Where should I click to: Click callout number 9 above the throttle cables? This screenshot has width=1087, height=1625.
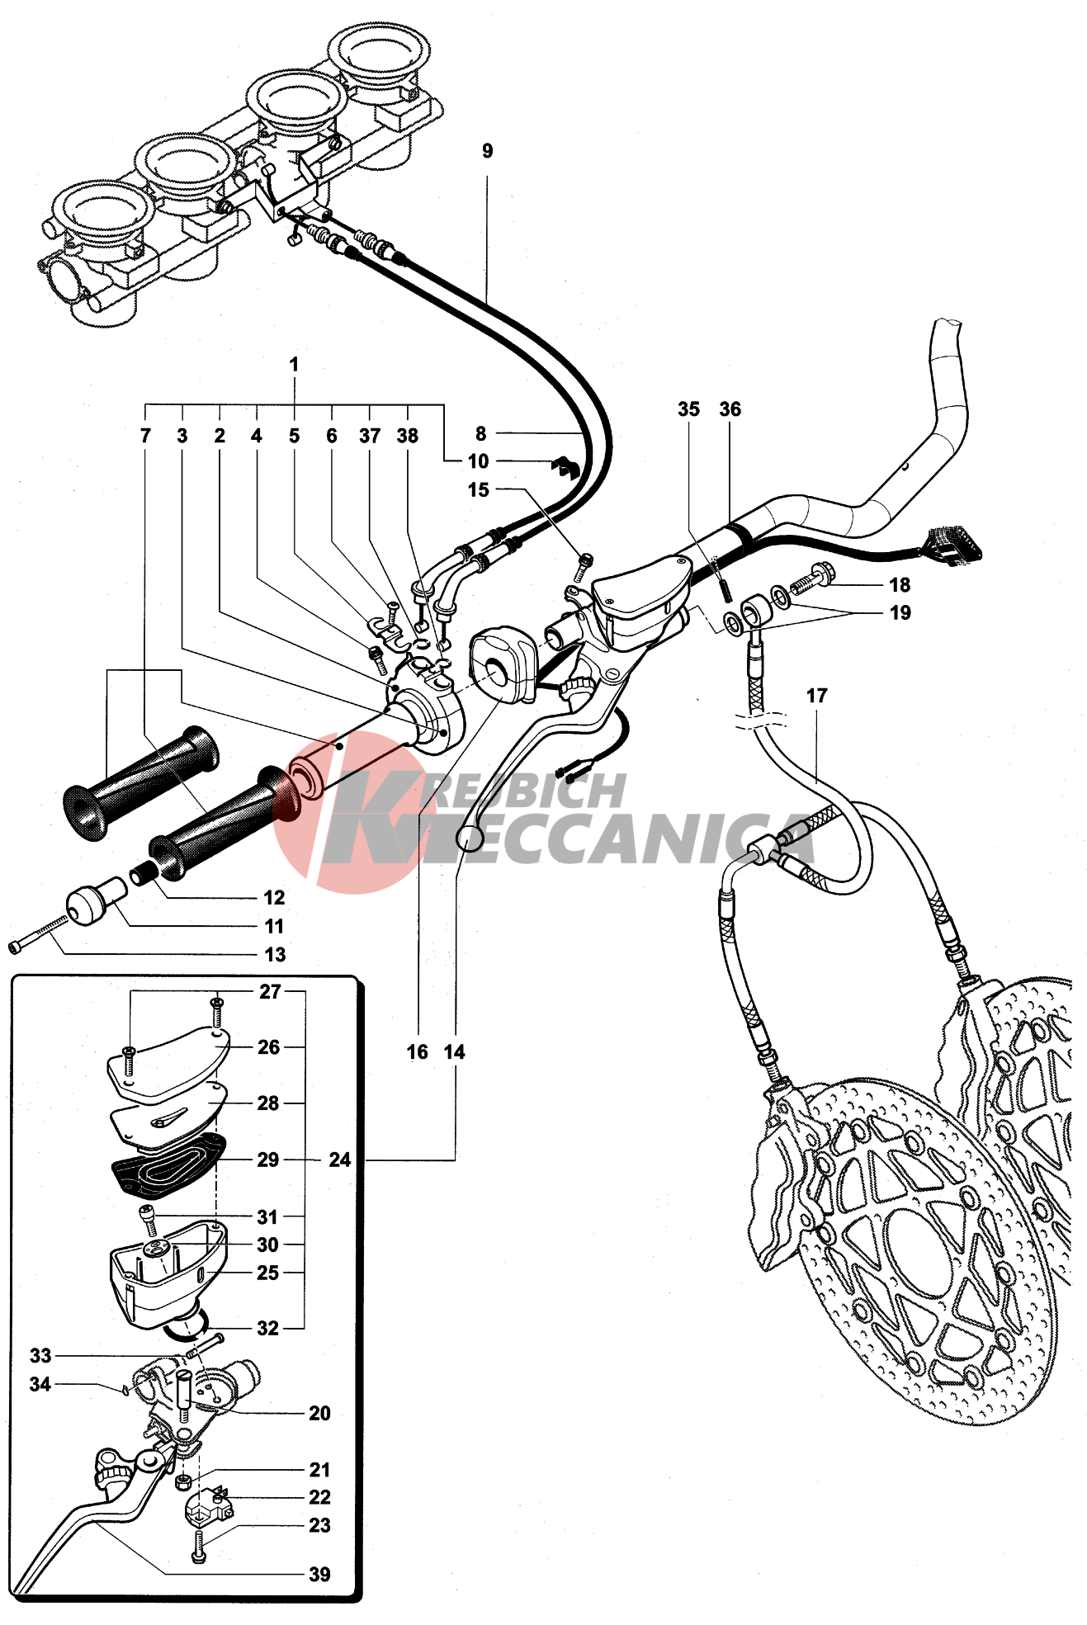pyautogui.click(x=487, y=151)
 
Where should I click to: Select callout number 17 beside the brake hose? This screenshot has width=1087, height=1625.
pyautogui.click(x=816, y=696)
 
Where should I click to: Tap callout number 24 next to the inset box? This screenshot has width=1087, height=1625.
pyautogui.click(x=339, y=1160)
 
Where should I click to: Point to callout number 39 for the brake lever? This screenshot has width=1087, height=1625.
pyautogui.click(x=319, y=1574)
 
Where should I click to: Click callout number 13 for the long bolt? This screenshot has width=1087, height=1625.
pyautogui.click(x=275, y=954)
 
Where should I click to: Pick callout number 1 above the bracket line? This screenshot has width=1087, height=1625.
pyautogui.click(x=294, y=364)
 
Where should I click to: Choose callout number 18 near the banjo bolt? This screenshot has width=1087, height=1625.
pyautogui.click(x=899, y=585)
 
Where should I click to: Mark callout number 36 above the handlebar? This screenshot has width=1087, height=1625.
pyautogui.click(x=730, y=409)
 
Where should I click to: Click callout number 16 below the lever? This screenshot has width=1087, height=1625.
pyautogui.click(x=418, y=1051)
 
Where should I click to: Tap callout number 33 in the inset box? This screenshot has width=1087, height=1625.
pyautogui.click(x=40, y=1355)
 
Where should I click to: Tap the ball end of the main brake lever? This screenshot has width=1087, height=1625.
pyautogui.click(x=468, y=839)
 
